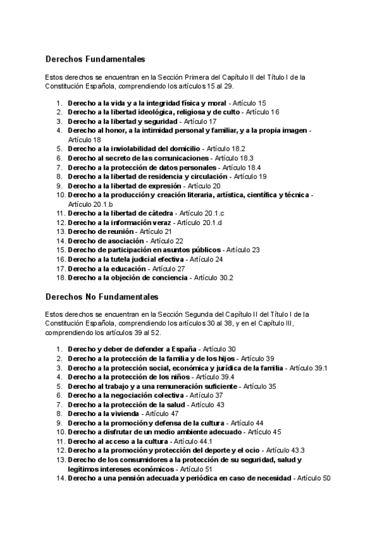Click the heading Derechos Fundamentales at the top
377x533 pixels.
(95, 59)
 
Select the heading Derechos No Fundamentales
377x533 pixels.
(102, 296)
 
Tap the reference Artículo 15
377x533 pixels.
(249, 103)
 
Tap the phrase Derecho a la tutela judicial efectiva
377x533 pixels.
(126, 259)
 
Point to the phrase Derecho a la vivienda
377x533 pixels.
(104, 414)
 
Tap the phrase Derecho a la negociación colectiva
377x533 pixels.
(126, 395)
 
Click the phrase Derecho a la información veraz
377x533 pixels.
(121, 223)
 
